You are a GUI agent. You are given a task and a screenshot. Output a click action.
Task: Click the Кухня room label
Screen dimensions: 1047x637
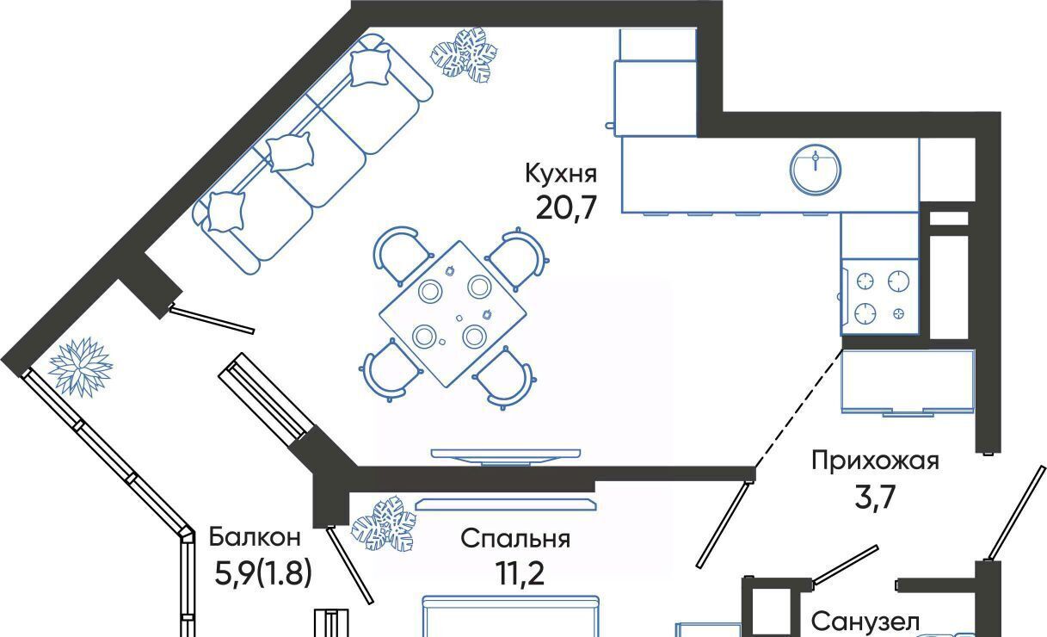[561, 173]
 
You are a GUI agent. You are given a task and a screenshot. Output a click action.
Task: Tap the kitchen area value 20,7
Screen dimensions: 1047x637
[566, 207]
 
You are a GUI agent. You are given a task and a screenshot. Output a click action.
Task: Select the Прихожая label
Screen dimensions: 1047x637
[875, 461]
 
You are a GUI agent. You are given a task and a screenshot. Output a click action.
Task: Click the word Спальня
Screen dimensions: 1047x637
[515, 538]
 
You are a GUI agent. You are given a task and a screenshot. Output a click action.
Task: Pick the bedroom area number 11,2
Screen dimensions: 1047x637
[520, 573]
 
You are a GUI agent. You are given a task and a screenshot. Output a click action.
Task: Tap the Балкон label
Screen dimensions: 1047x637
[255, 536]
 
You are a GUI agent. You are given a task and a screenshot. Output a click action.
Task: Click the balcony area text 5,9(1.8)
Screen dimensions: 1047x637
[263, 573]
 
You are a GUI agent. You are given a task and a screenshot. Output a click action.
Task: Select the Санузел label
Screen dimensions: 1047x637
[865, 622]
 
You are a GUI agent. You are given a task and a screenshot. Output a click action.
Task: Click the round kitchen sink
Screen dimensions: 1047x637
[816, 170]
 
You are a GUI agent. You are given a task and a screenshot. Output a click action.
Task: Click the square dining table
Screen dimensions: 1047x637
[453, 314]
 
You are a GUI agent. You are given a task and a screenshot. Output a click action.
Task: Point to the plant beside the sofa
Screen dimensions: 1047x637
[464, 55]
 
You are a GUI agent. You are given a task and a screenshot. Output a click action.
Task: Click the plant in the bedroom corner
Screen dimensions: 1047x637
[384, 523]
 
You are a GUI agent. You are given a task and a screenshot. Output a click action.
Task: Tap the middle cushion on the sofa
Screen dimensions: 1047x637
[290, 152]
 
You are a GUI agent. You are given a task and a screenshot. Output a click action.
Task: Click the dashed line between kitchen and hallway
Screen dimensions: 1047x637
[799, 408]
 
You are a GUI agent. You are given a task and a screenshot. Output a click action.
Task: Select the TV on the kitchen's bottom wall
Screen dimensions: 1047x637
[506, 456]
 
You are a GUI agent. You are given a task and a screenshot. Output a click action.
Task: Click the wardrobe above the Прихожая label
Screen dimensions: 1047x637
[908, 382]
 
